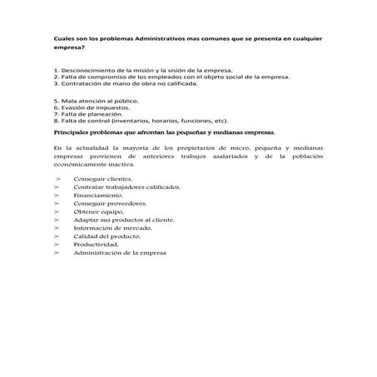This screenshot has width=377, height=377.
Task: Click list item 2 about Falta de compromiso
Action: point(171,77)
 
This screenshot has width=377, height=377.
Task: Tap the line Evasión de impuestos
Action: point(92,107)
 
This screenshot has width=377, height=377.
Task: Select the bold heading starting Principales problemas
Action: point(163,131)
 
